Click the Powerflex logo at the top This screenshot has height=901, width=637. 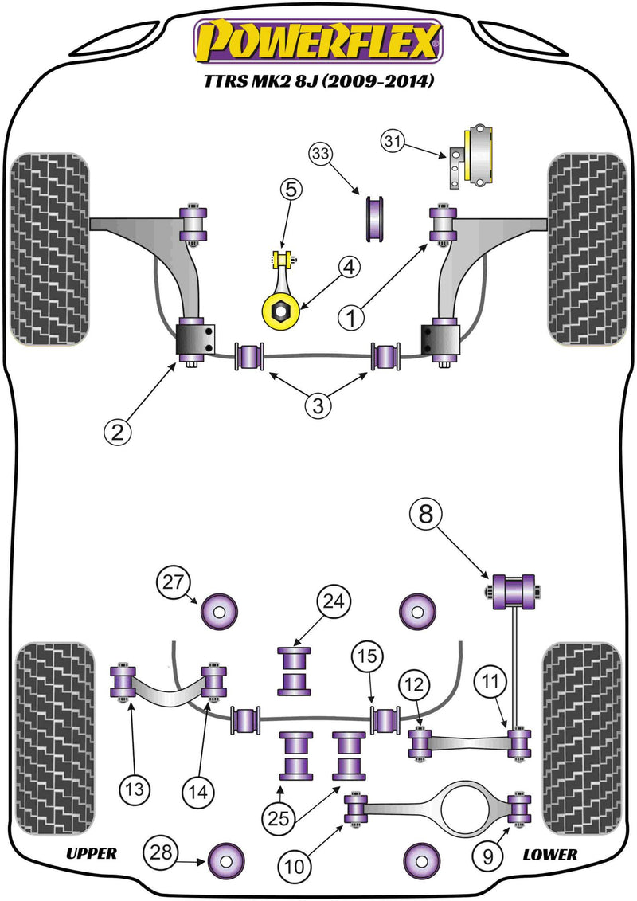coord(318,42)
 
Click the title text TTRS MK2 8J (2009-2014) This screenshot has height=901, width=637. coord(318,81)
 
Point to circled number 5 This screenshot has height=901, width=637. coord(291,190)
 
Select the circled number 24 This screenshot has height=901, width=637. coord(335,603)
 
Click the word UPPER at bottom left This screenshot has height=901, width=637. coord(92,854)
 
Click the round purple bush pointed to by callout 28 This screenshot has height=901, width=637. coord(223,859)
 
